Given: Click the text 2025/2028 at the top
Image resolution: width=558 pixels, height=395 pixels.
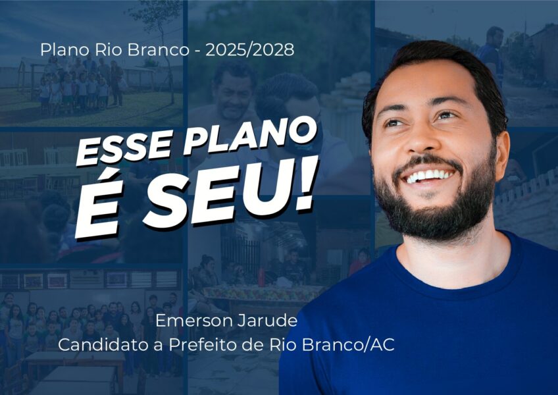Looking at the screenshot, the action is (x=250, y=50).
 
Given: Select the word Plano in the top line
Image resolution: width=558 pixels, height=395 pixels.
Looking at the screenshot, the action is (x=64, y=50).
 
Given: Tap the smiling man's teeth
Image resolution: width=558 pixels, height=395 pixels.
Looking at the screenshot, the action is (x=430, y=176).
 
